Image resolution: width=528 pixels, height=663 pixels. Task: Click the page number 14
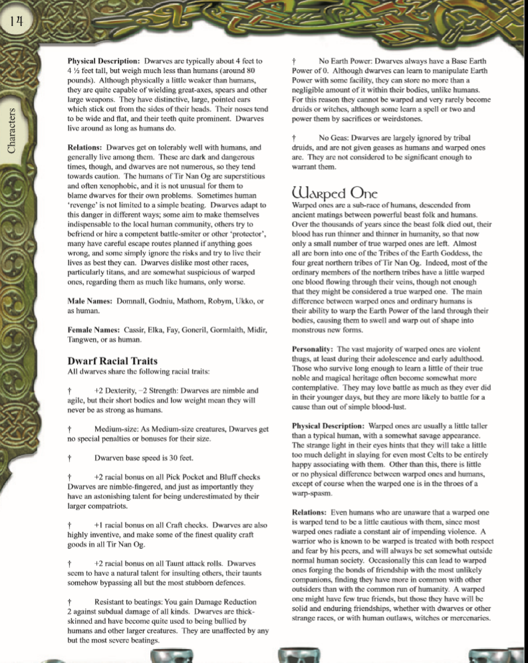pyautogui.click(x=17, y=21)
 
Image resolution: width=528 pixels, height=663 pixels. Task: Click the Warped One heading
pyautogui.click(x=335, y=193)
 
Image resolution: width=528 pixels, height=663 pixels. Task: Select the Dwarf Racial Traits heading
pyautogui.click(x=113, y=361)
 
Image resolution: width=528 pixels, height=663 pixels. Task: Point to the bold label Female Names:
pyautogui.click(x=95, y=330)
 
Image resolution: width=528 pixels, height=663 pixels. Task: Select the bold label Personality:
pyautogui.click(x=313, y=349)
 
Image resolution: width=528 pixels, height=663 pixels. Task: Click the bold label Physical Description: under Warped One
pyautogui.click(x=329, y=425)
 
